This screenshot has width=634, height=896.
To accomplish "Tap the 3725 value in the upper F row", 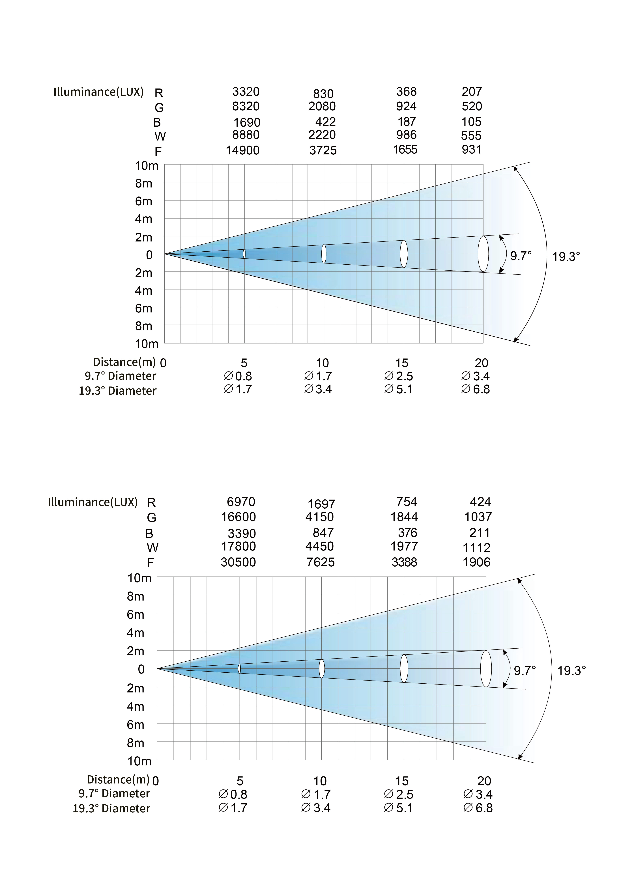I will (x=323, y=150).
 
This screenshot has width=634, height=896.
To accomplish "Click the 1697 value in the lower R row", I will (x=321, y=504).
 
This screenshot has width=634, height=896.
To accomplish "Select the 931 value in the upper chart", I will (x=472, y=150).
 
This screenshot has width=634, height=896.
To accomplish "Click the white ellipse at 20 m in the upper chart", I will (x=483, y=254).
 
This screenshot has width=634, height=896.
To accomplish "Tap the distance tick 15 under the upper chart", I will (x=402, y=363).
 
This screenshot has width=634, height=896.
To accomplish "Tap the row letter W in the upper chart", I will (x=160, y=136).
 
